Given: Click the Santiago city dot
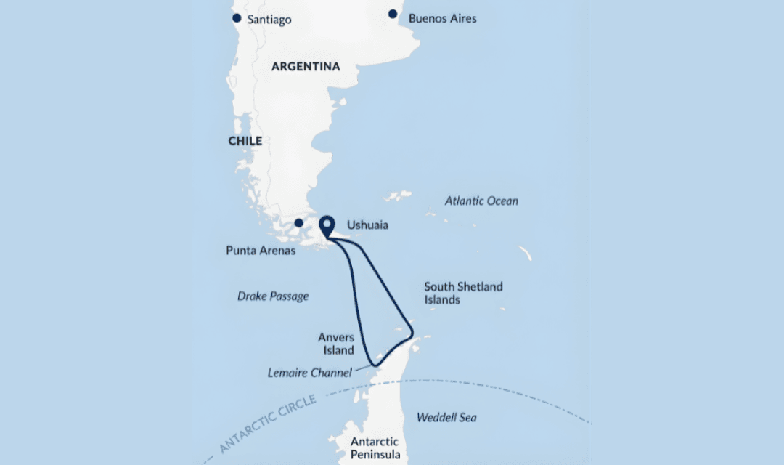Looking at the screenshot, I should coord(236,18).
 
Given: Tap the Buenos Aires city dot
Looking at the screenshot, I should coord(393,14).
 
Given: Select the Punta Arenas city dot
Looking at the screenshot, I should coord(298,222).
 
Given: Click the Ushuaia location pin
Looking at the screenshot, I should coord(327,226).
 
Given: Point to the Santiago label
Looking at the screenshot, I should coord(269,20).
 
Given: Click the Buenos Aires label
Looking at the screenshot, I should coord(442,18).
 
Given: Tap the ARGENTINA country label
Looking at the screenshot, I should coord(306,67).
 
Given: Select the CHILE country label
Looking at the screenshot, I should coord(245,141).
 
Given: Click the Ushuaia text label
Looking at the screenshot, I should coord(367,225).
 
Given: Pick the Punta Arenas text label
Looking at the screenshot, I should coord(261,251).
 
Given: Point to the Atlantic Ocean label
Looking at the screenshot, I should coord(481,201).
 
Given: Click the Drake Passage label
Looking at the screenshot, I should coord(273,296).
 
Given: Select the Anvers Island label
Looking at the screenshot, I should coord(336,344).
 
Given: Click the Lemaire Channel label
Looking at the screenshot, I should coord(309,373).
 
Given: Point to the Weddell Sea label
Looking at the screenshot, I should coord(446,418).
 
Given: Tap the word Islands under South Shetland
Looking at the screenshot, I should coord(442,299).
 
